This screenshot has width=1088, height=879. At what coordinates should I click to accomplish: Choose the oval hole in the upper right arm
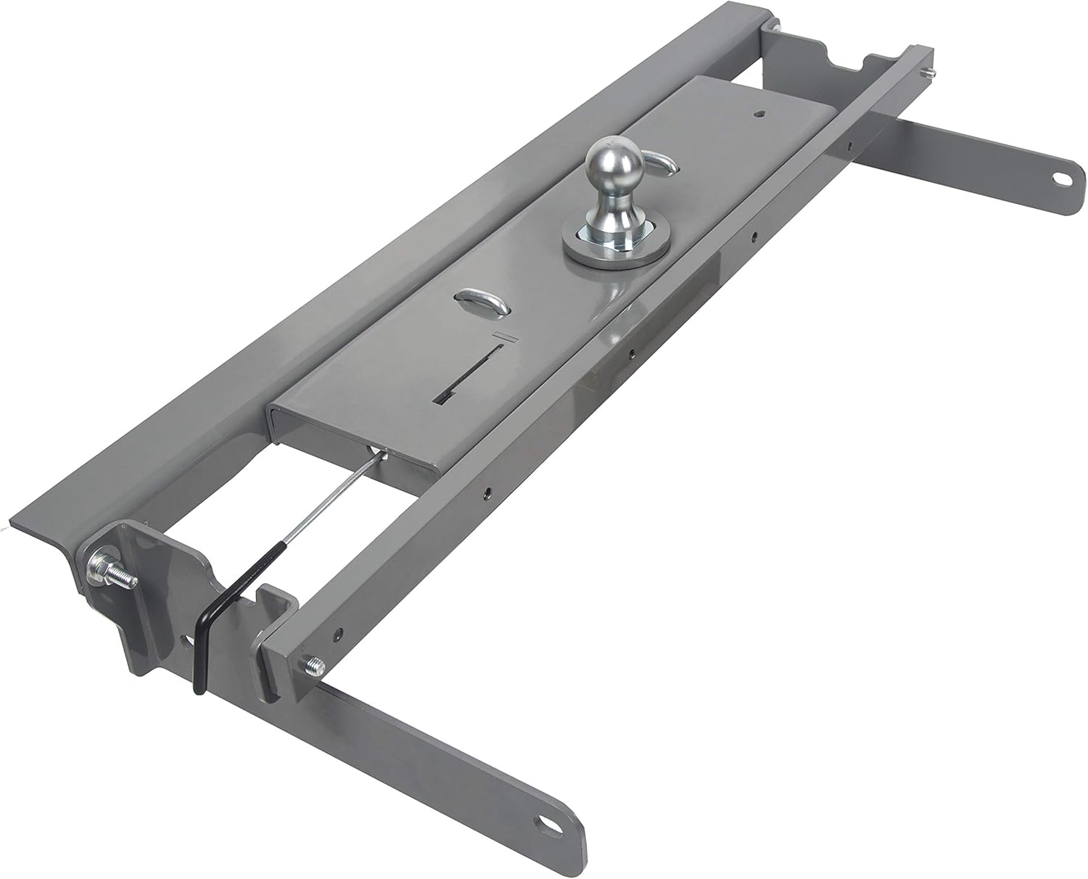pyautogui.click(x=1060, y=196)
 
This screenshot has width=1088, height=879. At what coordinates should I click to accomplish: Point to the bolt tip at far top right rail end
pyautogui.click(x=931, y=73)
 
